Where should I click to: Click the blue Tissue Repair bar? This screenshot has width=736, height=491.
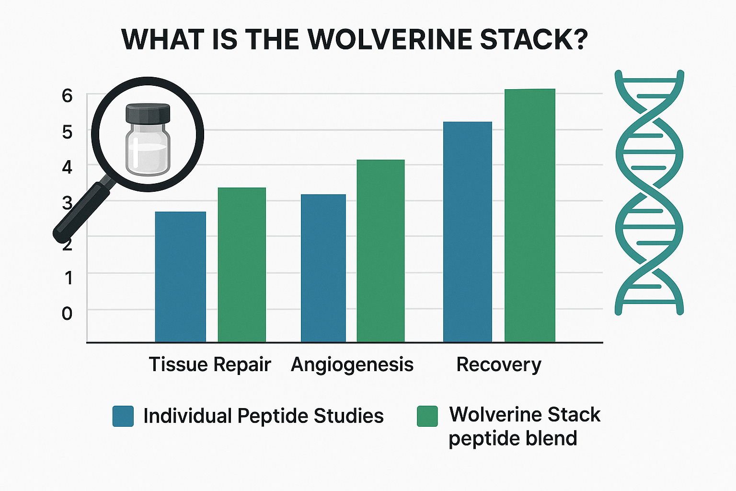coord(181,277)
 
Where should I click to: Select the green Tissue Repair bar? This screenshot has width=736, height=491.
coord(242,265)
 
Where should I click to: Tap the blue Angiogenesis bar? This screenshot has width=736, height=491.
coord(323,268)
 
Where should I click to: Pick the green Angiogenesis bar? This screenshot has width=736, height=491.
coord(380,251)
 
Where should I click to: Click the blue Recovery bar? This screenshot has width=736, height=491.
coord(468,232)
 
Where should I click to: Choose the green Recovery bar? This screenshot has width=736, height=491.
coord(529,215)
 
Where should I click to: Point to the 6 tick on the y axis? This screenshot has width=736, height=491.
coord(67,96)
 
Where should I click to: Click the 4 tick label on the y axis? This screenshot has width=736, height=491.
coord(67,167)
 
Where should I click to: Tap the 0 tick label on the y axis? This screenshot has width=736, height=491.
coord(67,314)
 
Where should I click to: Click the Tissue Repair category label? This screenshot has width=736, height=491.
coord(210,365)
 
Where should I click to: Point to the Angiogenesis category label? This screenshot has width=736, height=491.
coord(352,365)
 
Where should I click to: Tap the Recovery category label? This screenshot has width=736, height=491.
coord(499,365)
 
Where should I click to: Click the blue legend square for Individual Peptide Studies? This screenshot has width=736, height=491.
coord(123,416)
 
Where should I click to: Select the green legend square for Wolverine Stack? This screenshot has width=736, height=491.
coord(427,416)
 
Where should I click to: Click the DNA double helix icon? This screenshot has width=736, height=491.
coord(649,192)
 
